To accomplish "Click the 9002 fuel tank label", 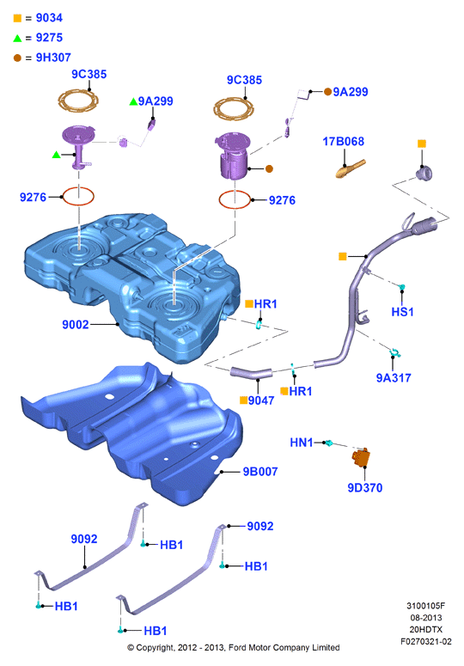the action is pyautogui.click(x=75, y=325).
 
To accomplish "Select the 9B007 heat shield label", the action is pyautogui.click(x=260, y=472).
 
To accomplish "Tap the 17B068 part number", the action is pyautogui.click(x=344, y=142).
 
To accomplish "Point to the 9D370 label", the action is pyautogui.click(x=365, y=487).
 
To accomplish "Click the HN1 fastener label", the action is pyautogui.click(x=302, y=443).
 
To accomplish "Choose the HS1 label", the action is pyautogui.click(x=402, y=312).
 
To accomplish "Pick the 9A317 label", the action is pyautogui.click(x=394, y=377).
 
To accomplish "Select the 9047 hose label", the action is pyautogui.click(x=261, y=400).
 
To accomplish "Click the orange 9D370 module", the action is pyautogui.click(x=361, y=457).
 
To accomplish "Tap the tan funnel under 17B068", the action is pyautogui.click(x=351, y=169).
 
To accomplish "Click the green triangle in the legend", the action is pyautogui.click(x=17, y=38).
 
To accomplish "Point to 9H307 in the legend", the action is pyautogui.click(x=53, y=58).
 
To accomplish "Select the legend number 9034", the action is pyautogui.click(x=49, y=18).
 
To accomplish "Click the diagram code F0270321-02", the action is pyautogui.click(x=426, y=641).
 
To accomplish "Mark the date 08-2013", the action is pyautogui.click(x=426, y=618).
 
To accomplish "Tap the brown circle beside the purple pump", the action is pyautogui.click(x=269, y=169).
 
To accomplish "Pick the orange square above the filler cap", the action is pyautogui.click(x=422, y=144).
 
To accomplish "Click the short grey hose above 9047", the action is pyautogui.click(x=251, y=373).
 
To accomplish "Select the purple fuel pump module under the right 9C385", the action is pyautogui.click(x=233, y=155).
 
